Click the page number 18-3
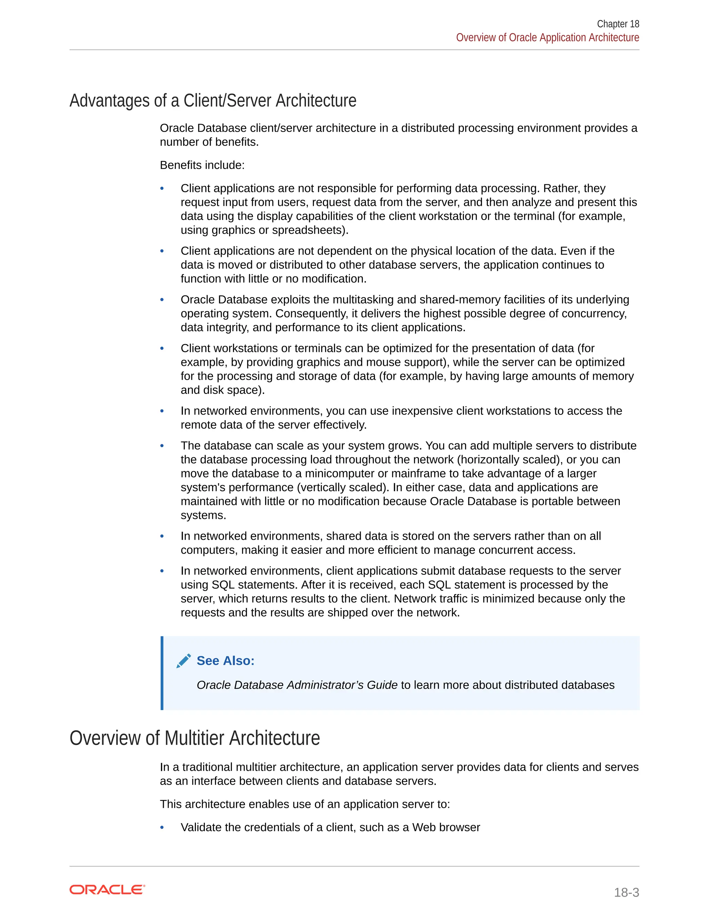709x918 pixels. pos(626,892)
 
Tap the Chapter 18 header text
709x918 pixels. pos(618,24)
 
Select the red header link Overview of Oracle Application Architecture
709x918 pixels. pos(547,37)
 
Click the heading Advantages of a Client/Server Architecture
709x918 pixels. pos(213,101)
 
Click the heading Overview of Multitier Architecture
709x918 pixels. pos(195,738)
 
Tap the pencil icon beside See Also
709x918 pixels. pos(183,661)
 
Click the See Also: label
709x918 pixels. pos(226,661)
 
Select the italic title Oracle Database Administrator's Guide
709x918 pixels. pos(297,685)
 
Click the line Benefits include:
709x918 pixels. pos(202,165)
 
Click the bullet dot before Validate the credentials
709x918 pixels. pos(162,827)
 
